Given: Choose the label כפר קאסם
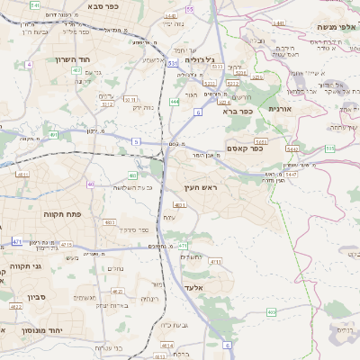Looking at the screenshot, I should [x=244, y=148].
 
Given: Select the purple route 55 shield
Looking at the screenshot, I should [x=190, y=9].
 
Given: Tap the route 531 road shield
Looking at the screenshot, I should [x=172, y=64].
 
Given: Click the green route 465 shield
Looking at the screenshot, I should [x=272, y=311].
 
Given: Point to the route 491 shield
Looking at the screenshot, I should [x=54, y=135].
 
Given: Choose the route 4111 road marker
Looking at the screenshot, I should [x=215, y=261].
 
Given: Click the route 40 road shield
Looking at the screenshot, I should [x=91, y=184].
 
